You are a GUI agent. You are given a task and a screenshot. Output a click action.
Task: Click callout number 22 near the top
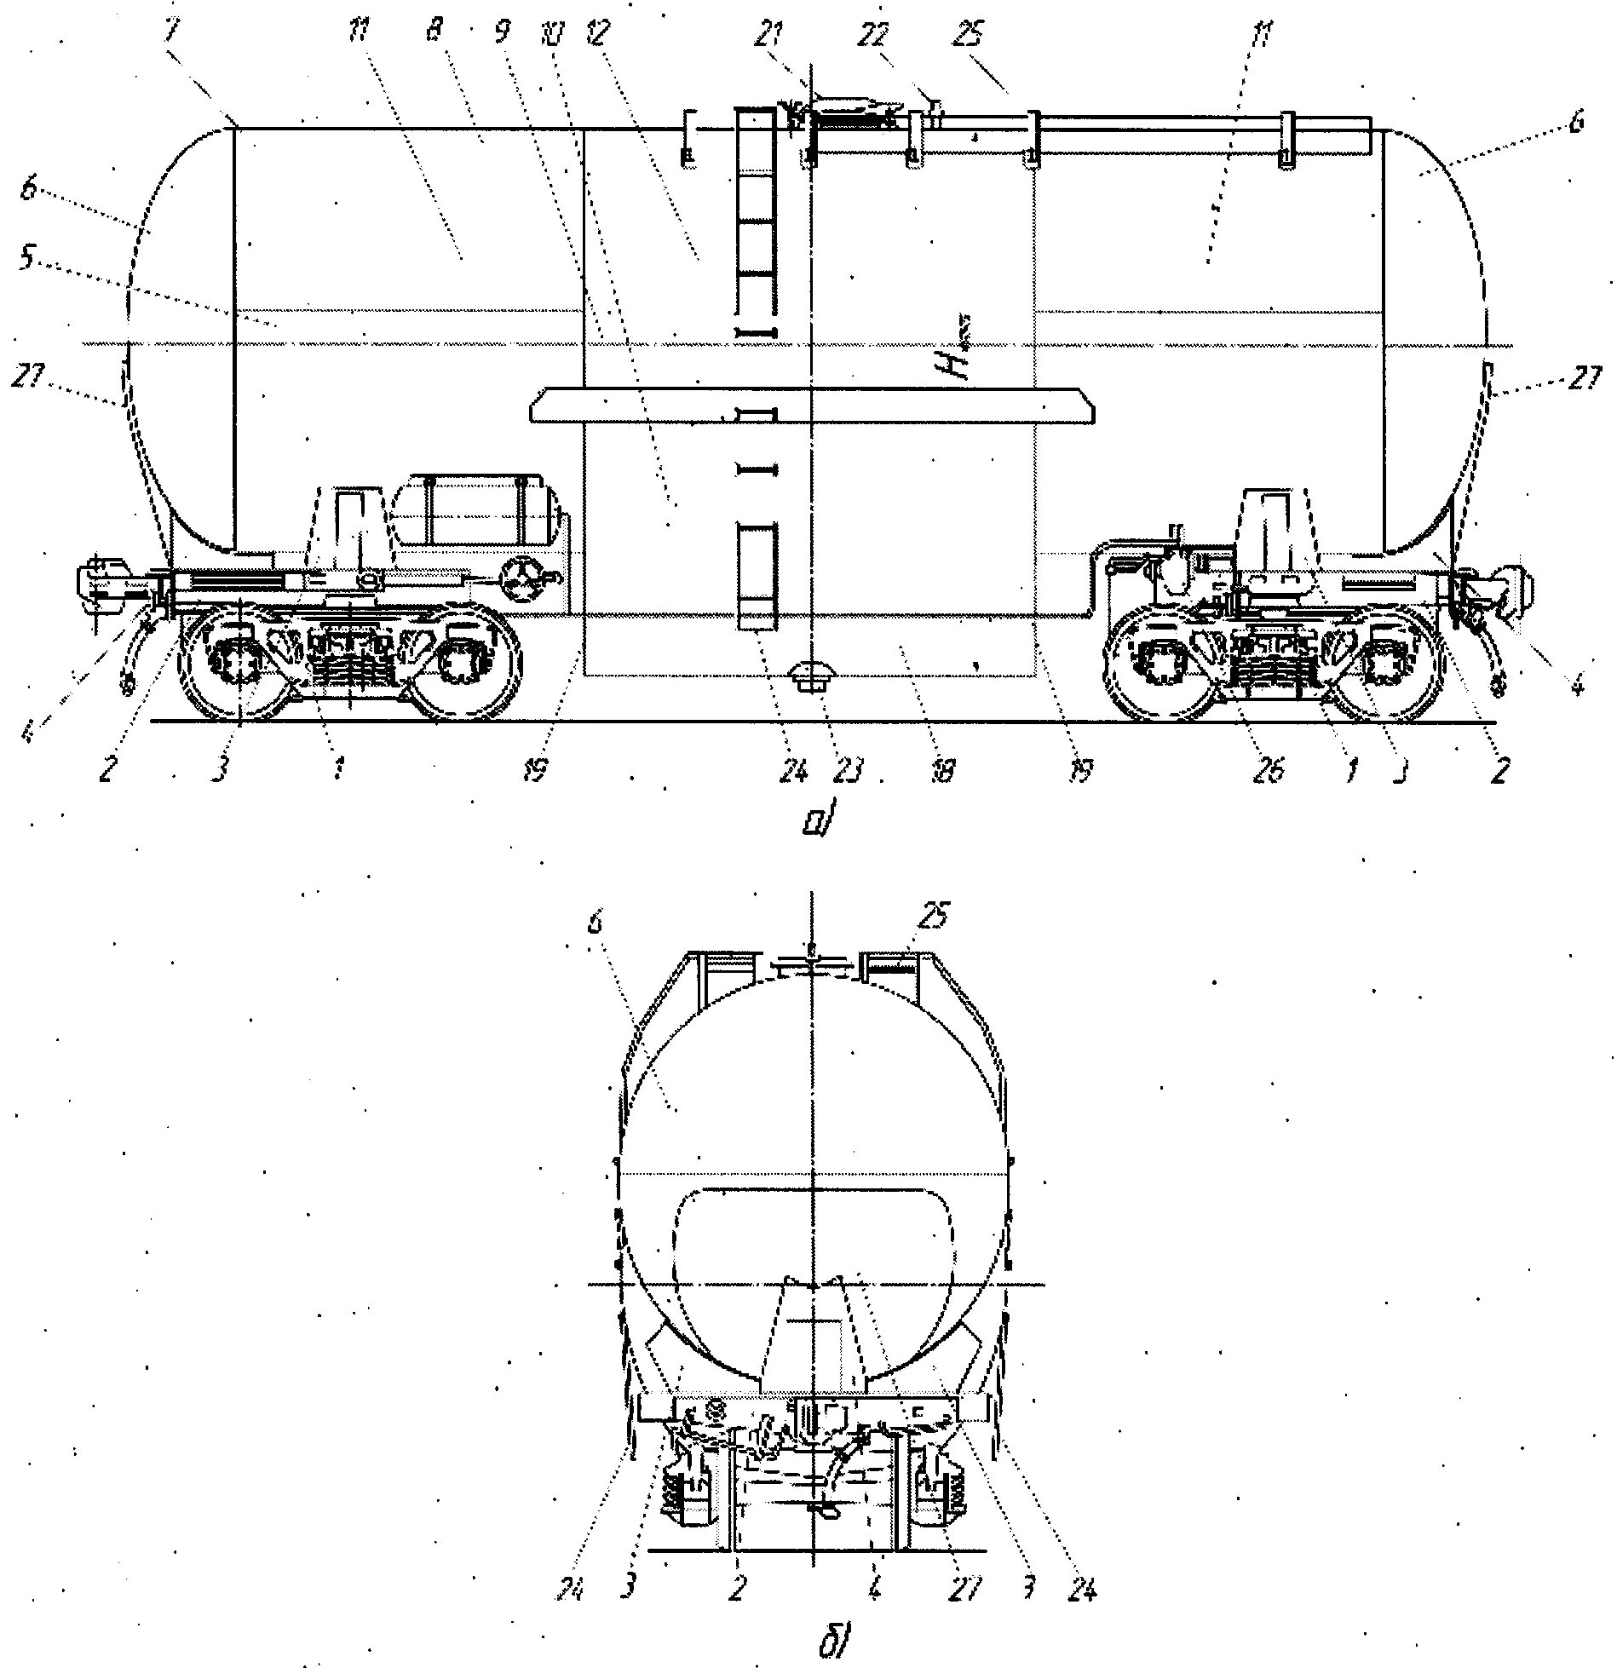pyautogui.click(x=877, y=36)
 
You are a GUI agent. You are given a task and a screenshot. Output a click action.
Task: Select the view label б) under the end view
pyautogui.click(x=831, y=1642)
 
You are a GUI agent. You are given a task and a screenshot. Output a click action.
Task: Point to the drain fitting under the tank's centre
pyautogui.click(x=808, y=678)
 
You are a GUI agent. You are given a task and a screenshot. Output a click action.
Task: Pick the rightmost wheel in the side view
pyautogui.click(x=1384, y=660)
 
